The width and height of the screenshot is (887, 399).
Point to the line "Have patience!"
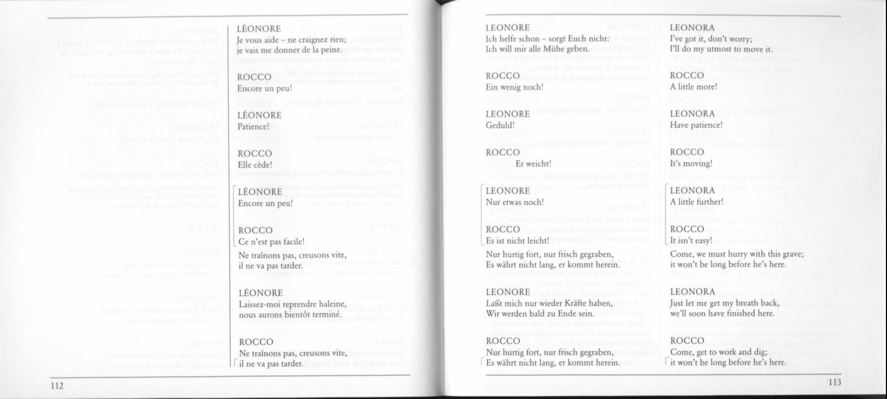[696, 125]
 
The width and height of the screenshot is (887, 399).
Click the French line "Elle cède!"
[254, 164]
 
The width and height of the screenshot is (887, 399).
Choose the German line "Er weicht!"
[533, 163]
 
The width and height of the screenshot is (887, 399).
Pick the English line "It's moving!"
[691, 163]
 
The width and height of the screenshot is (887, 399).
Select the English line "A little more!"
[694, 87]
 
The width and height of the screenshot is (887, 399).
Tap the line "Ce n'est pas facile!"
[271, 241]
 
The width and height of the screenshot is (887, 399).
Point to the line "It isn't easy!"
[691, 241]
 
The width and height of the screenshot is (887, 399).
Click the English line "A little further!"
[697, 201]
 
